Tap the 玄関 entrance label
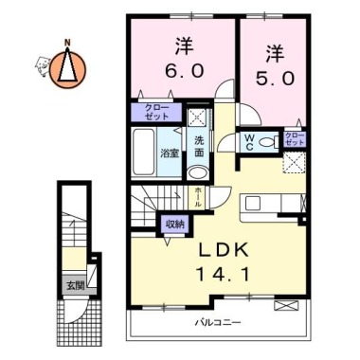coord(75,283)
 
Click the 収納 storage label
coord(174,224)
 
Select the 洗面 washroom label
coord(199,147)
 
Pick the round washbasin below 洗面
coord(198,172)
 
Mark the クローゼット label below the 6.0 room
coord(157,112)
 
